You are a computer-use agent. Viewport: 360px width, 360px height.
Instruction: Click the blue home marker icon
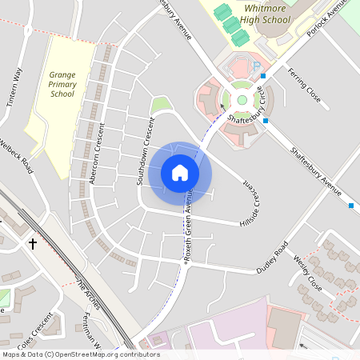click(x=180, y=171)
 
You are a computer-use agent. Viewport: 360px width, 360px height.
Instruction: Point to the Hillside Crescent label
click(x=249, y=202)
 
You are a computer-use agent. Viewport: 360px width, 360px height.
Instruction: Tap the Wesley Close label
click(x=307, y=273)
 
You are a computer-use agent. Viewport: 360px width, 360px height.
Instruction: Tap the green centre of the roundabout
click(x=242, y=99)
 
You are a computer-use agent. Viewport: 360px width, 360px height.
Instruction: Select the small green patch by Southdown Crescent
click(x=161, y=105)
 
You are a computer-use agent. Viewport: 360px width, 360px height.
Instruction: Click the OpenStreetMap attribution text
click(x=80, y=354)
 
